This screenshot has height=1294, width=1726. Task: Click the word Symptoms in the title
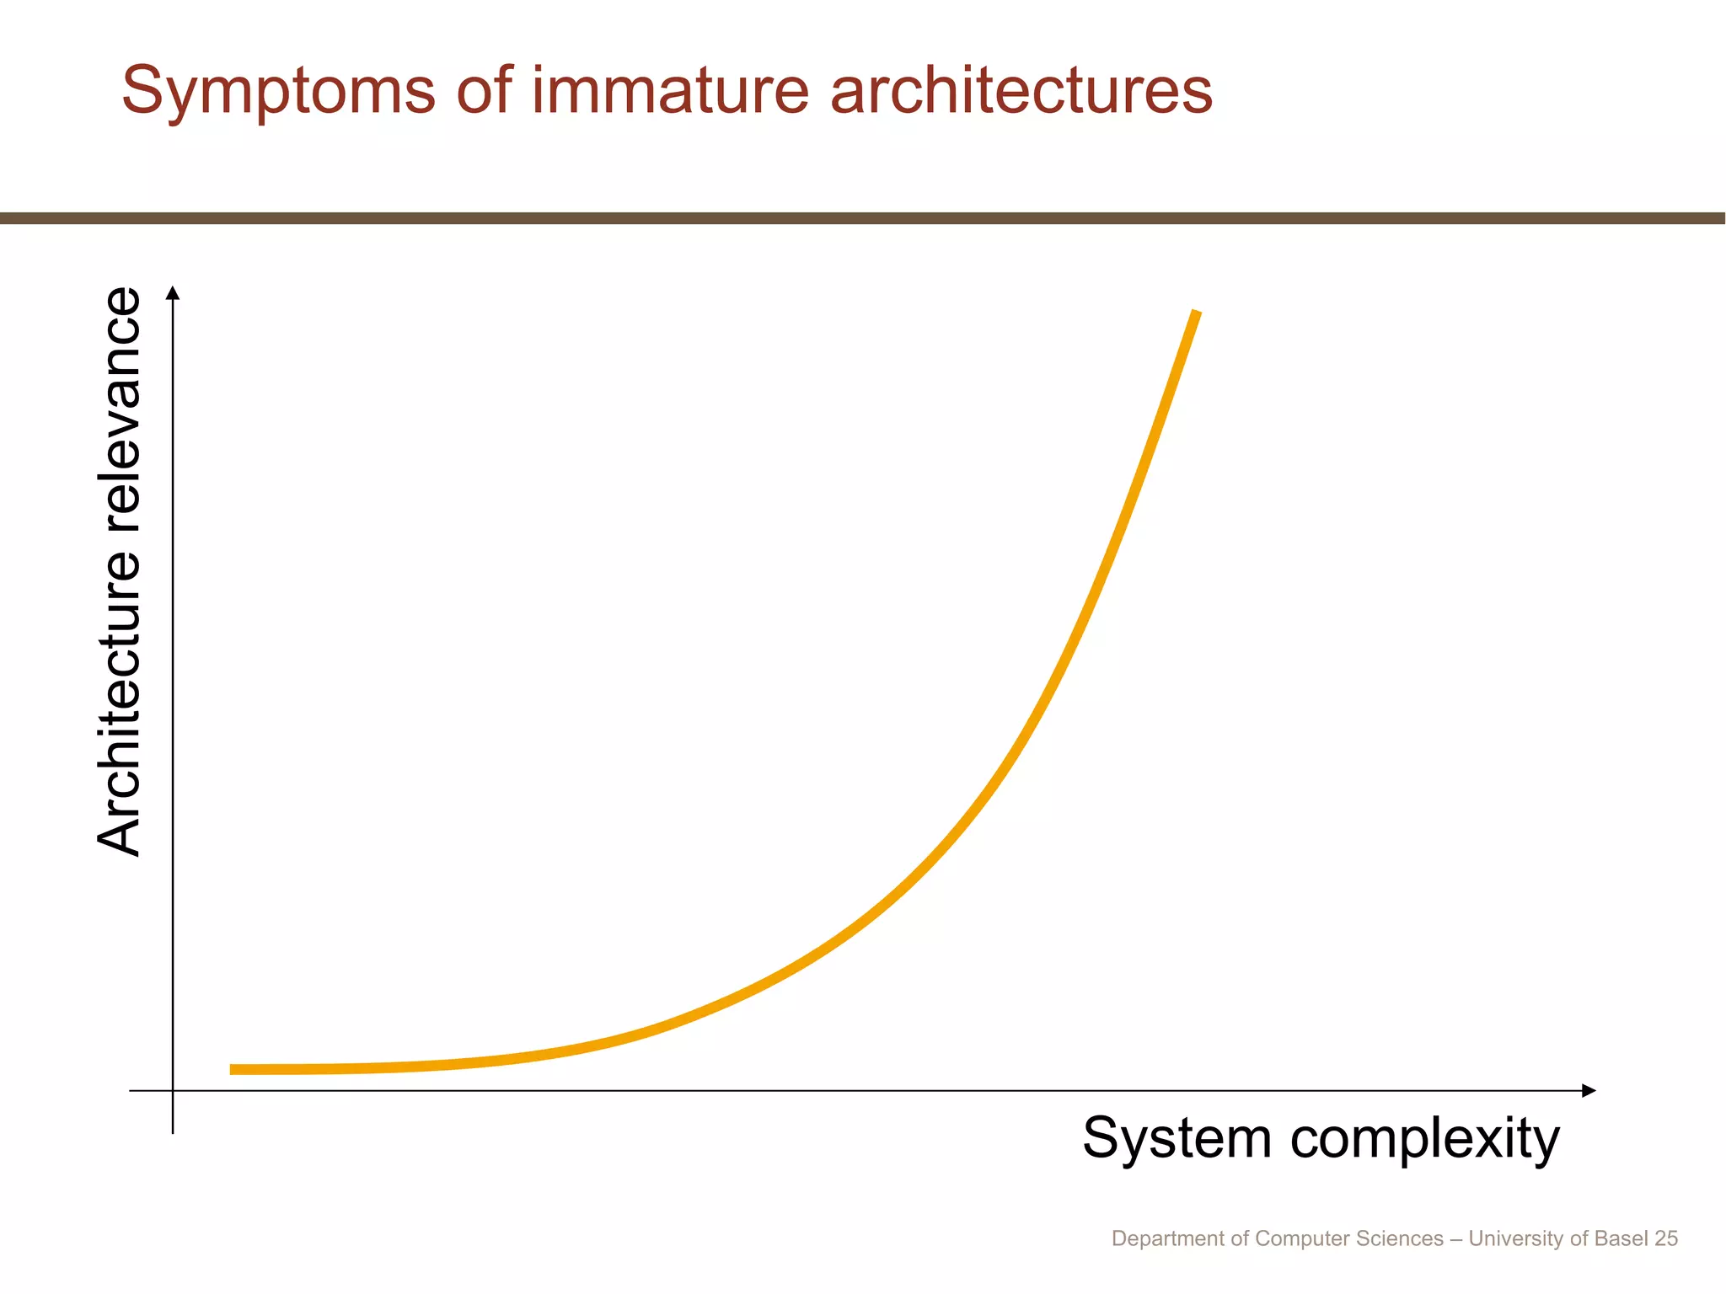click(x=278, y=91)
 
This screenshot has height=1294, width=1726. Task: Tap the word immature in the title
click(x=669, y=91)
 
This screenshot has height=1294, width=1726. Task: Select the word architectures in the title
click(x=1021, y=91)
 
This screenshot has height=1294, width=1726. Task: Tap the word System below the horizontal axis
click(x=1177, y=1139)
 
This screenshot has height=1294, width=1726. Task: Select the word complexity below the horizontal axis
click(x=1425, y=1139)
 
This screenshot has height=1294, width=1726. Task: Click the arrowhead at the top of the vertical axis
click(x=173, y=292)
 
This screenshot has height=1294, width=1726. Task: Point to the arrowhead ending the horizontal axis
click(x=1589, y=1091)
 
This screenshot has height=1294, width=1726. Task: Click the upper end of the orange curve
click(x=1195, y=313)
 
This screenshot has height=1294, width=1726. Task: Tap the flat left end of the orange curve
click(x=236, y=1069)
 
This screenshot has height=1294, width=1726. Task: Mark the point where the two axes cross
click(x=173, y=1091)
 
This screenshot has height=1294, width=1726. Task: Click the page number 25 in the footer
click(x=1666, y=1238)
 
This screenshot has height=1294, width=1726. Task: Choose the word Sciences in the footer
click(x=1404, y=1238)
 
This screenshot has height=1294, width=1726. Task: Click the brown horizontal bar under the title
click(x=863, y=218)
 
